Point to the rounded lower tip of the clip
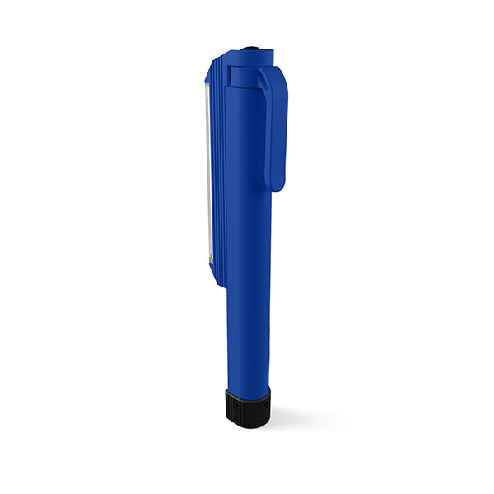point(276,185)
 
